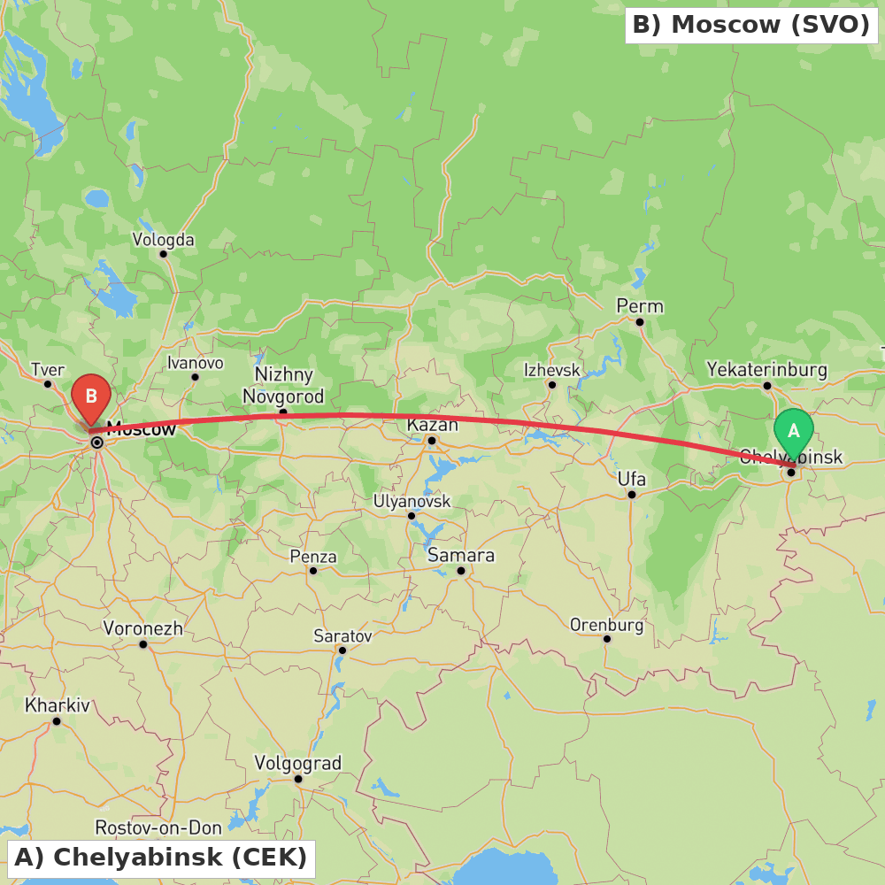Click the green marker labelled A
click(793, 432)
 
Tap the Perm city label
click(640, 306)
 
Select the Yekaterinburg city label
click(766, 369)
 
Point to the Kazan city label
click(433, 425)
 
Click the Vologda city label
click(163, 239)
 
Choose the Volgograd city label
click(297, 763)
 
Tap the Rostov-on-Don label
click(158, 827)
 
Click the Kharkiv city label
click(58, 705)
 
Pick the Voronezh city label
click(143, 628)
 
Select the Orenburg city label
click(606, 624)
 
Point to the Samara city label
click(461, 555)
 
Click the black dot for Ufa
click(632, 494)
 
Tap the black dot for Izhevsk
click(551, 384)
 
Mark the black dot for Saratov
click(342, 650)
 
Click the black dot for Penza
click(313, 570)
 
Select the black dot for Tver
click(48, 383)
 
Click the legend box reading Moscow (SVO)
click(751, 25)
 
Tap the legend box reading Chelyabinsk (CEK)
click(161, 858)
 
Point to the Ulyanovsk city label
click(412, 501)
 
